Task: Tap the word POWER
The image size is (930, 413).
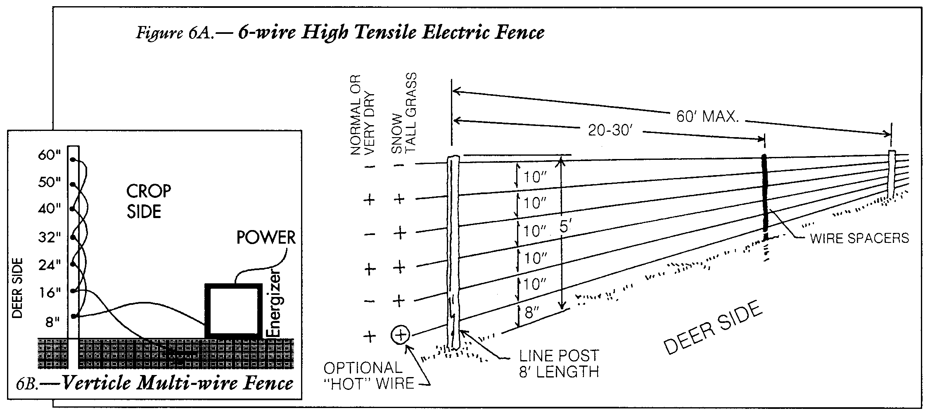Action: coord(266,238)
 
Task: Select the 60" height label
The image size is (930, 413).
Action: coord(50,156)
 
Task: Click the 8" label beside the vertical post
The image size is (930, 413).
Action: coord(53,322)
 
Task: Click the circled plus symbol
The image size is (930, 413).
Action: coord(400,335)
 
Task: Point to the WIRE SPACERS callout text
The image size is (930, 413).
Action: coord(860,238)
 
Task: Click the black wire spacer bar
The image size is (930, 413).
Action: coord(764,193)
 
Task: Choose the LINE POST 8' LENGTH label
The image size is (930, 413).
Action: coord(559,363)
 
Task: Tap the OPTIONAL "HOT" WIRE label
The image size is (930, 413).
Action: coord(369,375)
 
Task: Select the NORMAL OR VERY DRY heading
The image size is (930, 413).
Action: coord(362,115)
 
